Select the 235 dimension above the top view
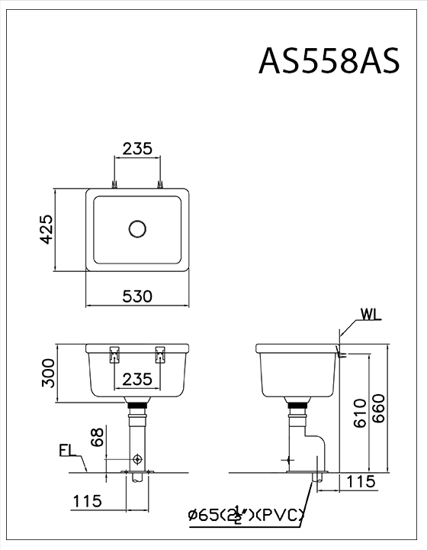[x=137, y=148]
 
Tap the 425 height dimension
[x=45, y=228]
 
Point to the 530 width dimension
[x=137, y=296]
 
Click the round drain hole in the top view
[x=137, y=228]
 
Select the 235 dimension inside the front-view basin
[x=137, y=379]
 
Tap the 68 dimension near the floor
[x=97, y=438]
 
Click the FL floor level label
[x=67, y=452]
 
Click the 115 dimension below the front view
[x=88, y=501]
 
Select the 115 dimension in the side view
[x=360, y=481]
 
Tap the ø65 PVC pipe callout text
[x=249, y=517]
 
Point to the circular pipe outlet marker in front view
[x=137, y=458]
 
